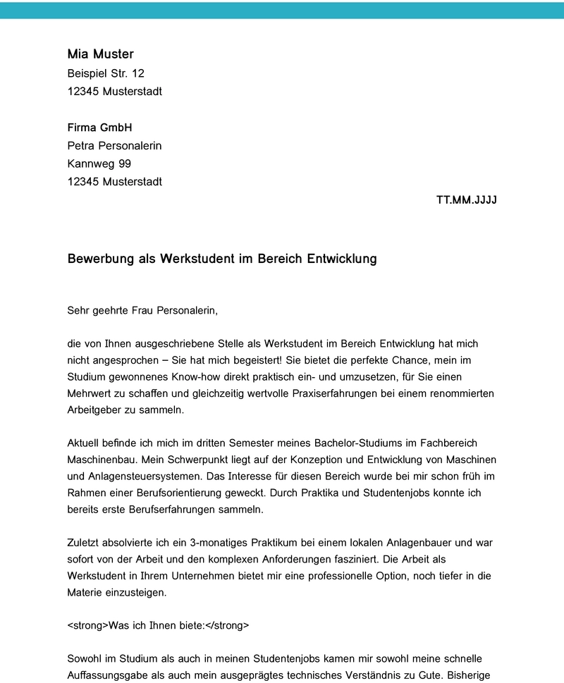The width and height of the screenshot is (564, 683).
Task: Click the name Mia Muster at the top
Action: tap(100, 54)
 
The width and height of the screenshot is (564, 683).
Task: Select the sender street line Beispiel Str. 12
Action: tap(106, 73)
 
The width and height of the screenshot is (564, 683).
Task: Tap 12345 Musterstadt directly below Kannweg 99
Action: tap(114, 182)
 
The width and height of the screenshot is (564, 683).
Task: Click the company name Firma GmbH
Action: tap(99, 128)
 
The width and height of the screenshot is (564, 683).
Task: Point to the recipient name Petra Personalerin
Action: tap(114, 146)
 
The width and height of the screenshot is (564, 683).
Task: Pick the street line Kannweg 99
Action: tap(99, 164)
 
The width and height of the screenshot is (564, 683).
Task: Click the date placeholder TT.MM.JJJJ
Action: tap(467, 200)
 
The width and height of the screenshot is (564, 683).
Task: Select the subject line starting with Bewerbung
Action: tap(222, 259)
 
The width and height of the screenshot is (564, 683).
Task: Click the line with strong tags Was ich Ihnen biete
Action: tap(159, 625)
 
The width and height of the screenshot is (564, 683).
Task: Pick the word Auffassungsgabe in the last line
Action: tap(106, 675)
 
